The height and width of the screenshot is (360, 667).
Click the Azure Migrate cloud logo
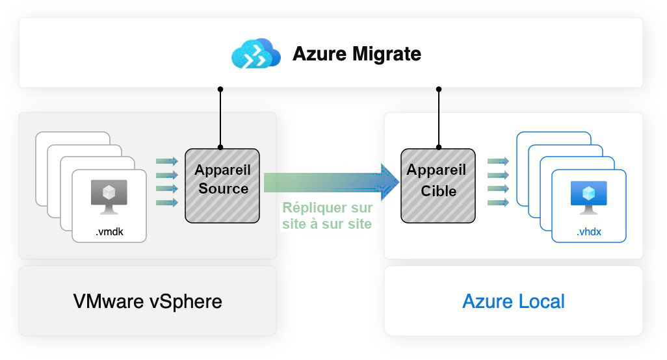(x=255, y=53)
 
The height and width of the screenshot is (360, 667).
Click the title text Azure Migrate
(x=357, y=53)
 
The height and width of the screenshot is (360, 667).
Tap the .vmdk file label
(x=109, y=231)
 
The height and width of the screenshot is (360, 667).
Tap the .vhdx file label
(x=589, y=231)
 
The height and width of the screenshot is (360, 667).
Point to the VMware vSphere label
(x=148, y=302)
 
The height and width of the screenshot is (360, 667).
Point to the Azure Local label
(x=514, y=302)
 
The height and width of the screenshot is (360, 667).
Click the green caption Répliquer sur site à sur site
(x=327, y=216)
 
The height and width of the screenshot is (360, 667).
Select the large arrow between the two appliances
(x=325, y=183)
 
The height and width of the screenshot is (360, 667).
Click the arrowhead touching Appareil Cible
(x=389, y=183)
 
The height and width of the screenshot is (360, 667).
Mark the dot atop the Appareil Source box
(x=220, y=148)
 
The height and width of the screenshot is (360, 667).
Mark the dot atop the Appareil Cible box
(x=438, y=148)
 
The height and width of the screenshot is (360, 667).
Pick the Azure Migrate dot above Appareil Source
(x=220, y=88)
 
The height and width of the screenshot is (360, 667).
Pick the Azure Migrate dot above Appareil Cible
(x=438, y=88)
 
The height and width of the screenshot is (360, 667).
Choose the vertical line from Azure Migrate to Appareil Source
(x=220, y=118)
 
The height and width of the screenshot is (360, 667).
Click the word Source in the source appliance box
(x=224, y=189)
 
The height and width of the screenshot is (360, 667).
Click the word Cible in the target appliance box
(x=438, y=191)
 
